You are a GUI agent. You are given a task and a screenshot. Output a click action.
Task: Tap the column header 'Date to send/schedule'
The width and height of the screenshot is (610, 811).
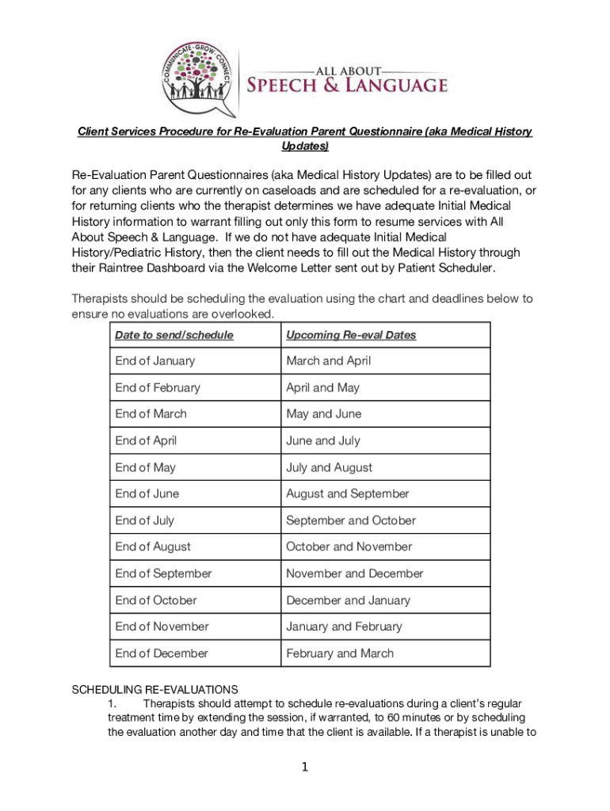coord(174,335)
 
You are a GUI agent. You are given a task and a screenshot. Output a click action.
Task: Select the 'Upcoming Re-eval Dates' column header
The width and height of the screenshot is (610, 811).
coord(351,335)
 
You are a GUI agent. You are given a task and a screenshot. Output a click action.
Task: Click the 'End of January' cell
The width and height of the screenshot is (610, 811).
coord(155,361)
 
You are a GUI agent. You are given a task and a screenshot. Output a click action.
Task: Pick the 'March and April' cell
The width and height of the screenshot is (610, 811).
coord(329,361)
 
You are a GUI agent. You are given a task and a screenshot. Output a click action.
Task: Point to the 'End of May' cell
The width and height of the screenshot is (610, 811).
coord(146,467)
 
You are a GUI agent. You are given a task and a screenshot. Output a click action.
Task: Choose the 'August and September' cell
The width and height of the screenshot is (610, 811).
coord(348,493)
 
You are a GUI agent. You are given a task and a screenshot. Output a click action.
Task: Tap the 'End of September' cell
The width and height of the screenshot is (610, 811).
coord(164,573)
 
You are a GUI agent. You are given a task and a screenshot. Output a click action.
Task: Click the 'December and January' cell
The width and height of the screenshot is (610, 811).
coord(349,600)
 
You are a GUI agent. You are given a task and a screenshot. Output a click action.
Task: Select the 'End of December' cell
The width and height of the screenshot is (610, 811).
coord(162,653)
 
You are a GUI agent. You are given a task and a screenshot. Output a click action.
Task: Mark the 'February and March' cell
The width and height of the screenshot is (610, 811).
coord(340,653)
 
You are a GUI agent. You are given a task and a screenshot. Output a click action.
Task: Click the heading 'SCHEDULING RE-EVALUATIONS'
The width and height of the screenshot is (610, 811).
coord(154,689)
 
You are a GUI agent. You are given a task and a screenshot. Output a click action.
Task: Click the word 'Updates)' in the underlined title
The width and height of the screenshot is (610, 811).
coord(305,147)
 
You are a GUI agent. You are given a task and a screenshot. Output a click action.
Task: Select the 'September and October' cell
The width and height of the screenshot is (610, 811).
coord(351,520)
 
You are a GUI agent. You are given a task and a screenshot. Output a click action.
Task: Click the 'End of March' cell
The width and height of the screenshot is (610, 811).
coord(151,413)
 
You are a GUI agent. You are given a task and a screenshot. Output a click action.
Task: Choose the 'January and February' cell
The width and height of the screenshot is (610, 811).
coord(344,626)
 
